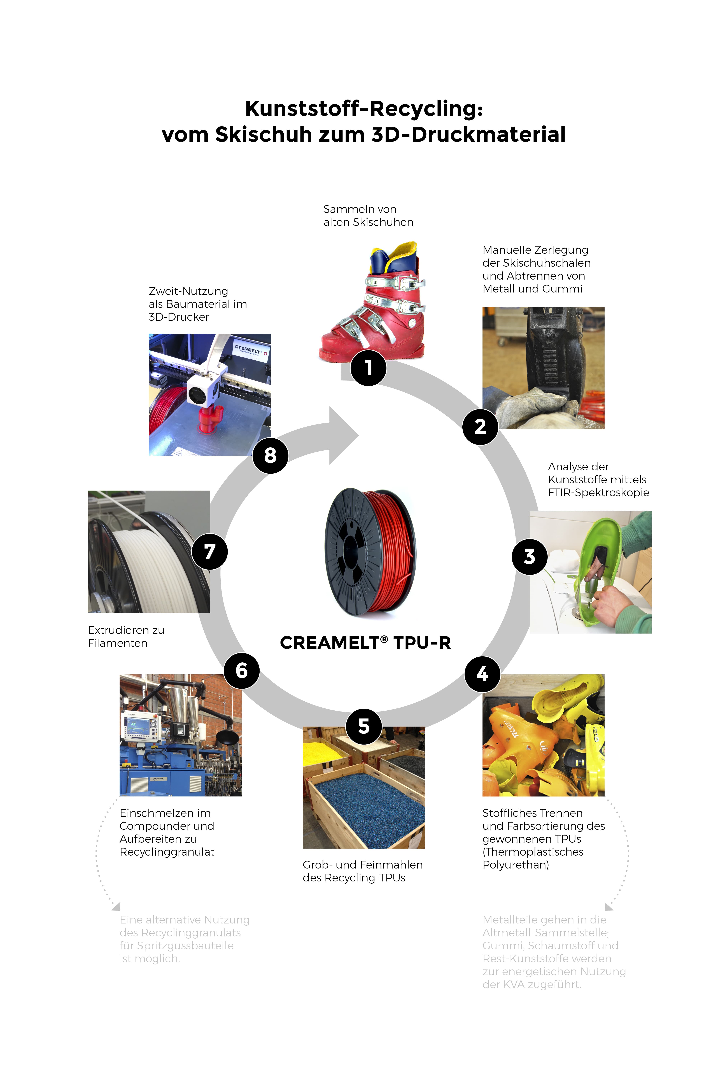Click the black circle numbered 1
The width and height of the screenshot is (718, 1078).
point(368,368)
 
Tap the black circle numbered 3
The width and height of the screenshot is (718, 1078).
point(529,556)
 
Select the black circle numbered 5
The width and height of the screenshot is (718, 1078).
point(364,726)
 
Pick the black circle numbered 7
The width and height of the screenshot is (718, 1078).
point(210,551)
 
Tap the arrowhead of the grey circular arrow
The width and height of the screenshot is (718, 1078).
point(343,435)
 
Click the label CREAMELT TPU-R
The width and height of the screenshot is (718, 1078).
point(365,643)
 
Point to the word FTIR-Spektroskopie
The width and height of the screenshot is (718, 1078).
point(598,493)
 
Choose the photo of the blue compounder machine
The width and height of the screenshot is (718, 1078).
point(180,735)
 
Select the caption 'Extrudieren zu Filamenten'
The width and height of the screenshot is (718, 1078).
point(126,637)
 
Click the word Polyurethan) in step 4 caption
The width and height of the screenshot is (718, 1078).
point(516,865)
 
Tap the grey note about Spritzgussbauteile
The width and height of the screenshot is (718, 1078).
point(185,939)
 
